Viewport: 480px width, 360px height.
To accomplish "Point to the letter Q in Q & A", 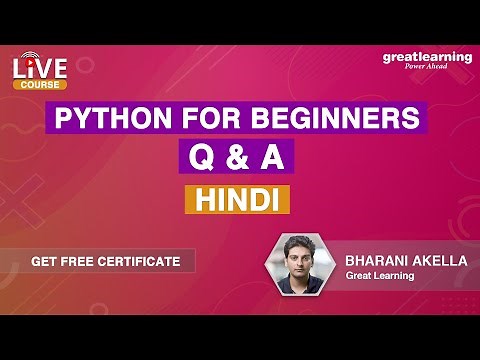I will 196,159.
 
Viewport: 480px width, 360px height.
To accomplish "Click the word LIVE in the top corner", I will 40,69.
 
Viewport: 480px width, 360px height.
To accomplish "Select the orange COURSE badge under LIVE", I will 40,85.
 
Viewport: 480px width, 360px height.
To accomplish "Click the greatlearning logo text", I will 427,57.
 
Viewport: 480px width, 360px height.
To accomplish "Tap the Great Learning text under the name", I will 380,275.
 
